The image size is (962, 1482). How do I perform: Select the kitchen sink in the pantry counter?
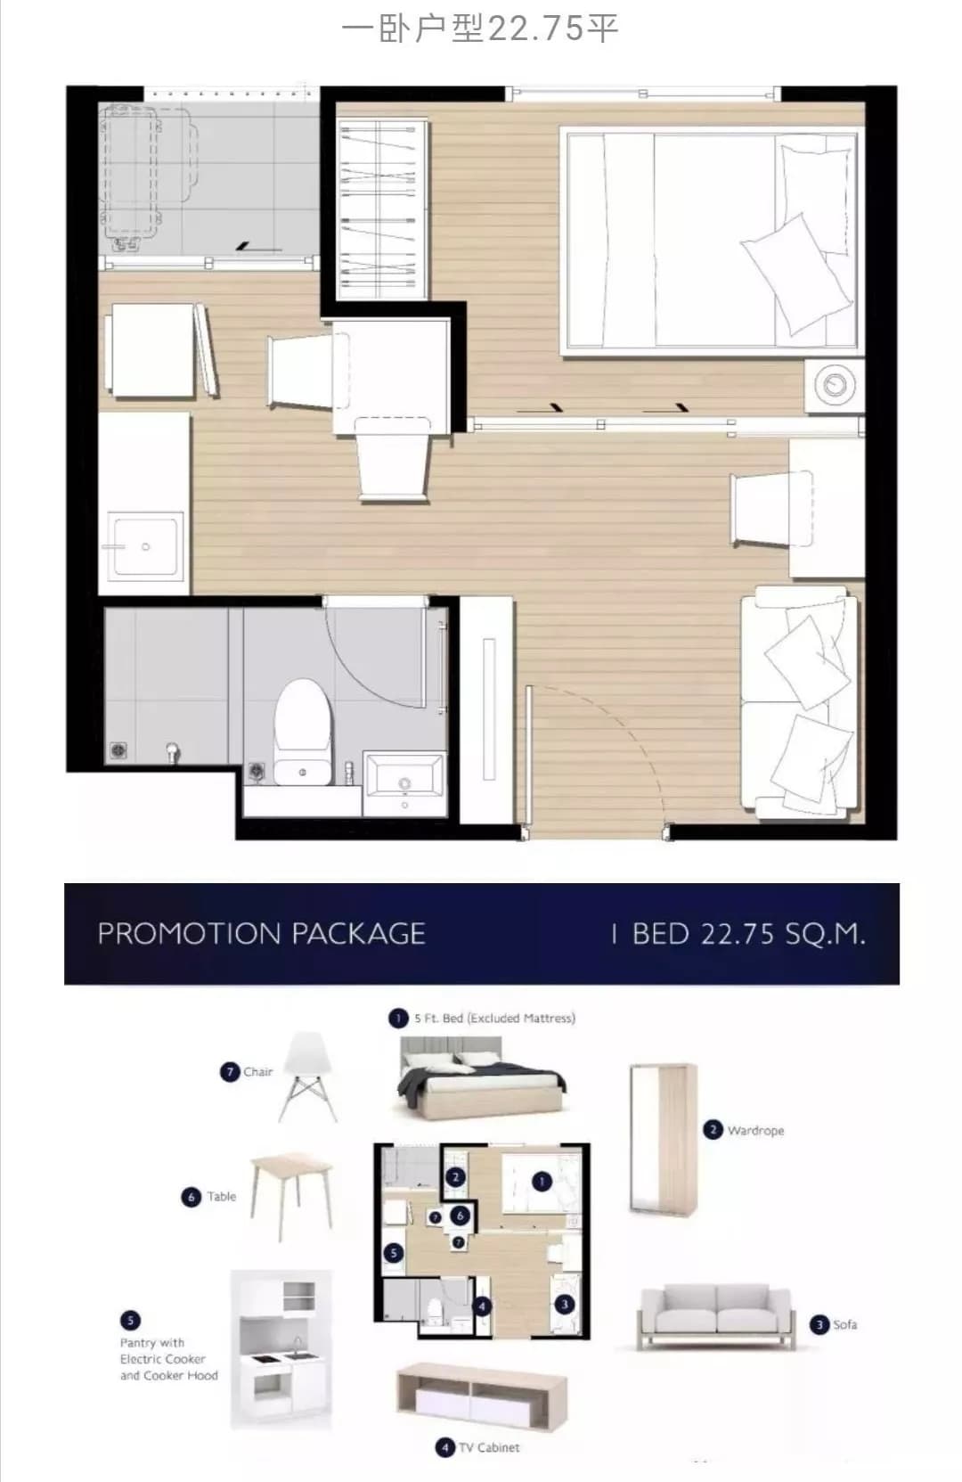point(145,546)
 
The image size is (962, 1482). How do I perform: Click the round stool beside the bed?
point(835,385)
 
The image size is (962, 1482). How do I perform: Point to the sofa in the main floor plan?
point(800,702)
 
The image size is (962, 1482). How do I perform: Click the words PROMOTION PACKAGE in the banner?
point(261,934)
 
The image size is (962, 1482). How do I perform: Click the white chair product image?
point(309,1077)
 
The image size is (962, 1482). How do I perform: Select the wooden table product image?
point(291,1196)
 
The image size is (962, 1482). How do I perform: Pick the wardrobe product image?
point(663,1141)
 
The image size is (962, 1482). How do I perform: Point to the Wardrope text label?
point(755,1131)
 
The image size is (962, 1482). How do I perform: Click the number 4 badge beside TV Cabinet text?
point(445,1448)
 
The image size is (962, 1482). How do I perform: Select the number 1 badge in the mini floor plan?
point(542,1182)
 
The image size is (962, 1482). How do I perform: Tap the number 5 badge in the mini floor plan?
point(394,1252)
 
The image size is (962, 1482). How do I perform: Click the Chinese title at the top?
point(480,29)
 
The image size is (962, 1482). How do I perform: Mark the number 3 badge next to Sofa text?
point(819,1324)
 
